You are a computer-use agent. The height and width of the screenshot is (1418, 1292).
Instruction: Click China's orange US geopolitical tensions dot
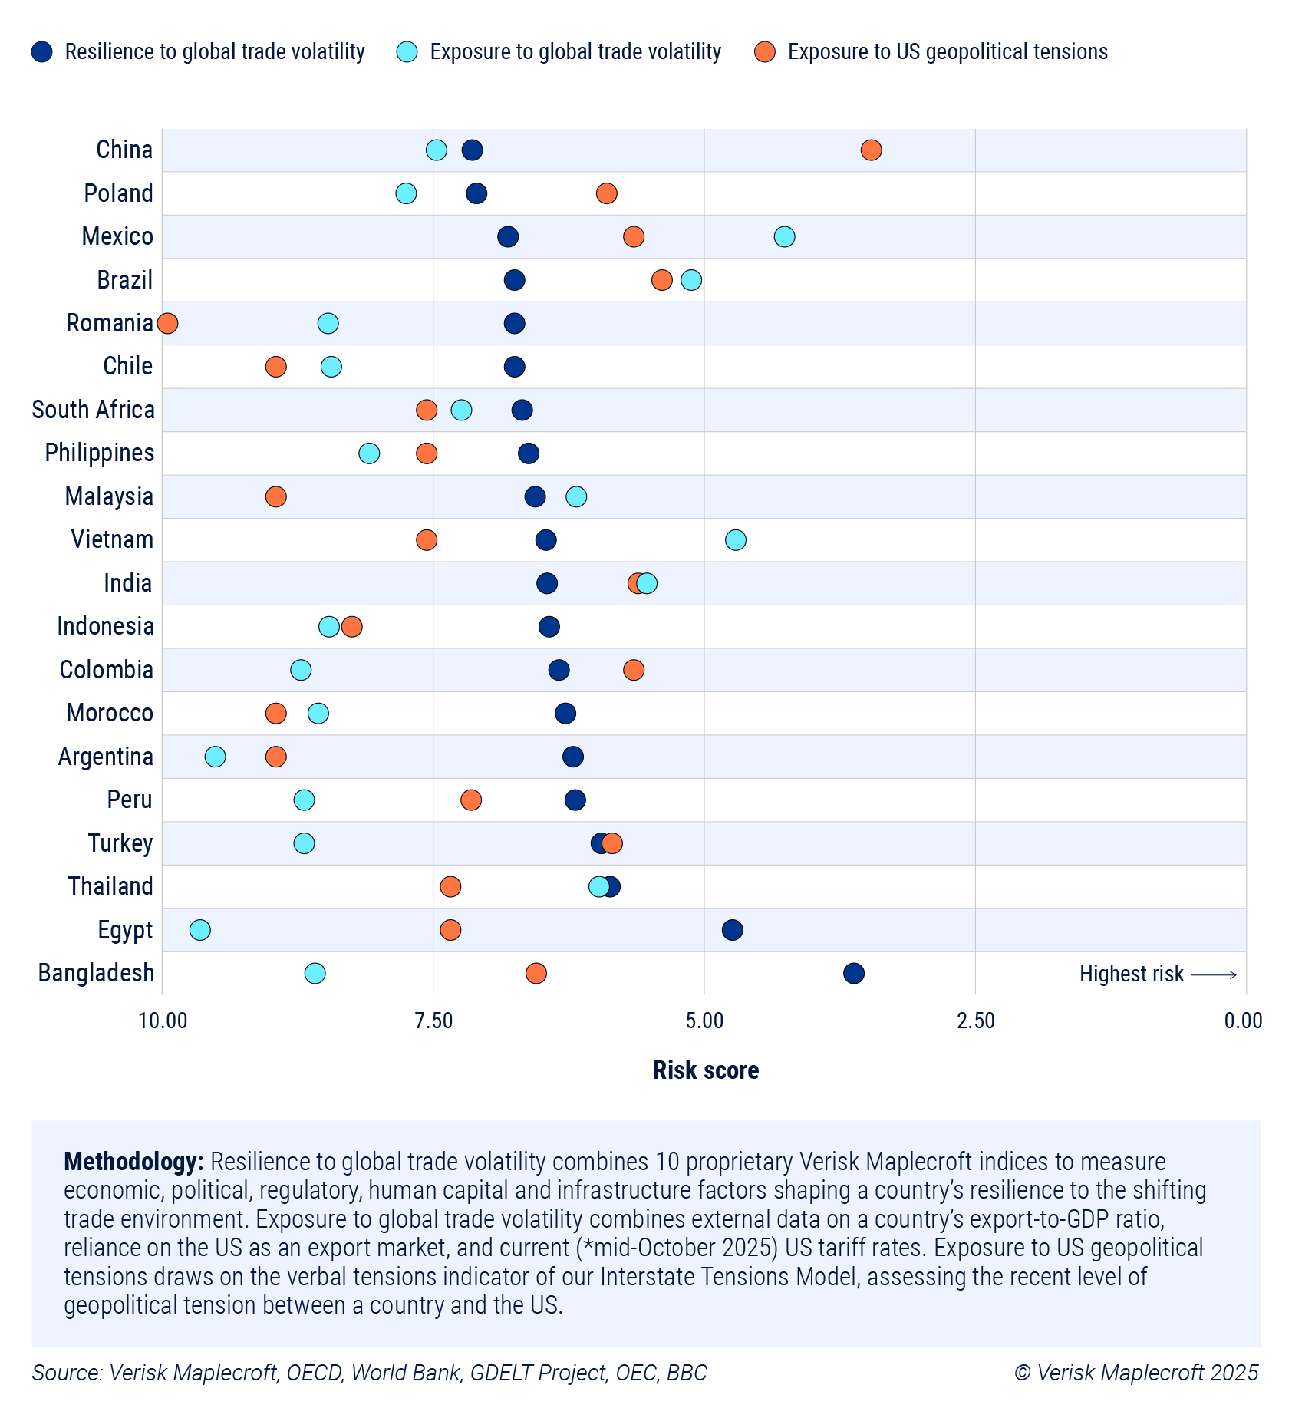[x=871, y=150]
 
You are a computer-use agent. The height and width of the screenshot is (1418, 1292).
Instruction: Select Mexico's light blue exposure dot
[x=784, y=236]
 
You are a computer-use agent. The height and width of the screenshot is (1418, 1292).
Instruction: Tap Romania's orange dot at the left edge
[x=167, y=323]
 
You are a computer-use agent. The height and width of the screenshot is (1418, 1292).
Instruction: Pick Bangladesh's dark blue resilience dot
[x=854, y=974]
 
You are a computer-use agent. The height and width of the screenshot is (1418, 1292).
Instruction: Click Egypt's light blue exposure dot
[x=199, y=930]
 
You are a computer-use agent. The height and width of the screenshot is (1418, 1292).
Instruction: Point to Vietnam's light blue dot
[x=736, y=540]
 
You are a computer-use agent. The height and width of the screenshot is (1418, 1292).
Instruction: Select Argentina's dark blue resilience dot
[x=573, y=757]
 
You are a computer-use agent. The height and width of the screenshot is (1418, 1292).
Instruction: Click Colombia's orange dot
[x=634, y=670]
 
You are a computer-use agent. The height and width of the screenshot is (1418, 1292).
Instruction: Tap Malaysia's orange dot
[x=276, y=496]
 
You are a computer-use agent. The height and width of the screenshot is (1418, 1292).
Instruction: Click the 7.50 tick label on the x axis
[x=433, y=1021]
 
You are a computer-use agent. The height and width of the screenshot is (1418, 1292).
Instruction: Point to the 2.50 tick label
[x=975, y=1021]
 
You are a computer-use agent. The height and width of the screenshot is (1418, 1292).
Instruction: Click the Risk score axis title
[x=706, y=1070]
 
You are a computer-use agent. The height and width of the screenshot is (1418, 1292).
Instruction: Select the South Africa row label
[x=93, y=410]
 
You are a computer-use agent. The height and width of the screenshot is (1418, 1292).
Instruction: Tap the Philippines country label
[x=100, y=453]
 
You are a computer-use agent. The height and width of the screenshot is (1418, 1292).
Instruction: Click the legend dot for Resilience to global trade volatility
[x=42, y=51]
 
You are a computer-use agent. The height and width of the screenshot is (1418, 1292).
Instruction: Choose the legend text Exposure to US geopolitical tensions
[x=948, y=51]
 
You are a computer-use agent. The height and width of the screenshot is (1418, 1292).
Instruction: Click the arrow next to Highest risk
[x=1214, y=974]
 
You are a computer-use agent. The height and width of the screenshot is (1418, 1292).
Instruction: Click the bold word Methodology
[x=133, y=1162]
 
